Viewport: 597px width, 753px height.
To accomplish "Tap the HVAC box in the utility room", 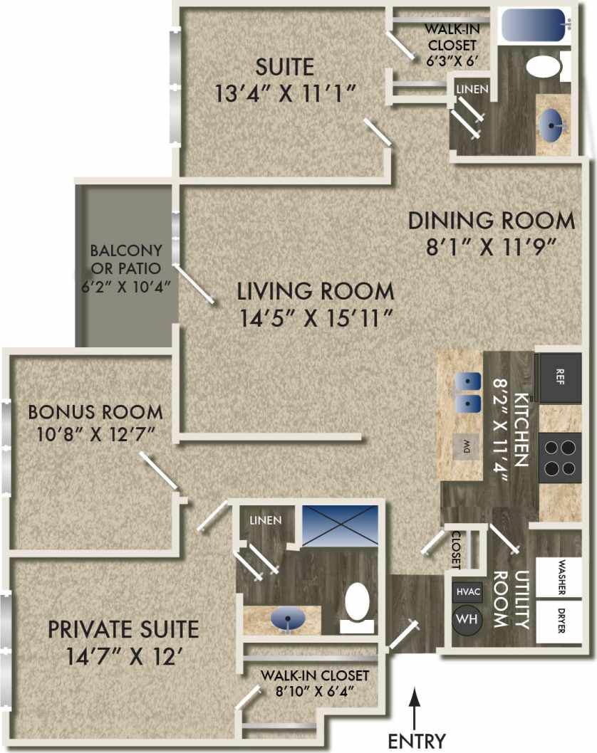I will (467, 591).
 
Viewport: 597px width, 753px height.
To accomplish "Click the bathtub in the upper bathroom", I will (534, 26).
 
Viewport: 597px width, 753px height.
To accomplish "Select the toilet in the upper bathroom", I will (546, 68).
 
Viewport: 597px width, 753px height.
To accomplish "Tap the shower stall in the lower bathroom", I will (340, 525).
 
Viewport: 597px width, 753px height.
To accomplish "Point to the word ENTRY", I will (417, 740).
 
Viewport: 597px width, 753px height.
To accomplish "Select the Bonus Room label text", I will (95, 411).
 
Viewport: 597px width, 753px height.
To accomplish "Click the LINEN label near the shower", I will (265, 520).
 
